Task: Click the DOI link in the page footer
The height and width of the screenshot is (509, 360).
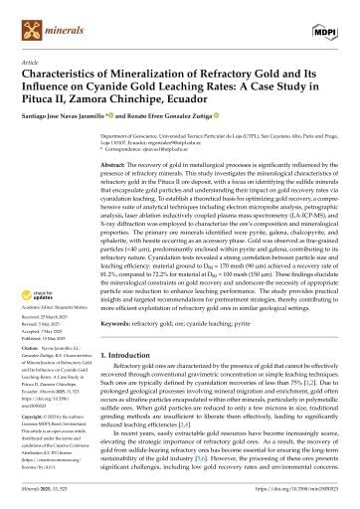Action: (293, 498)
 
